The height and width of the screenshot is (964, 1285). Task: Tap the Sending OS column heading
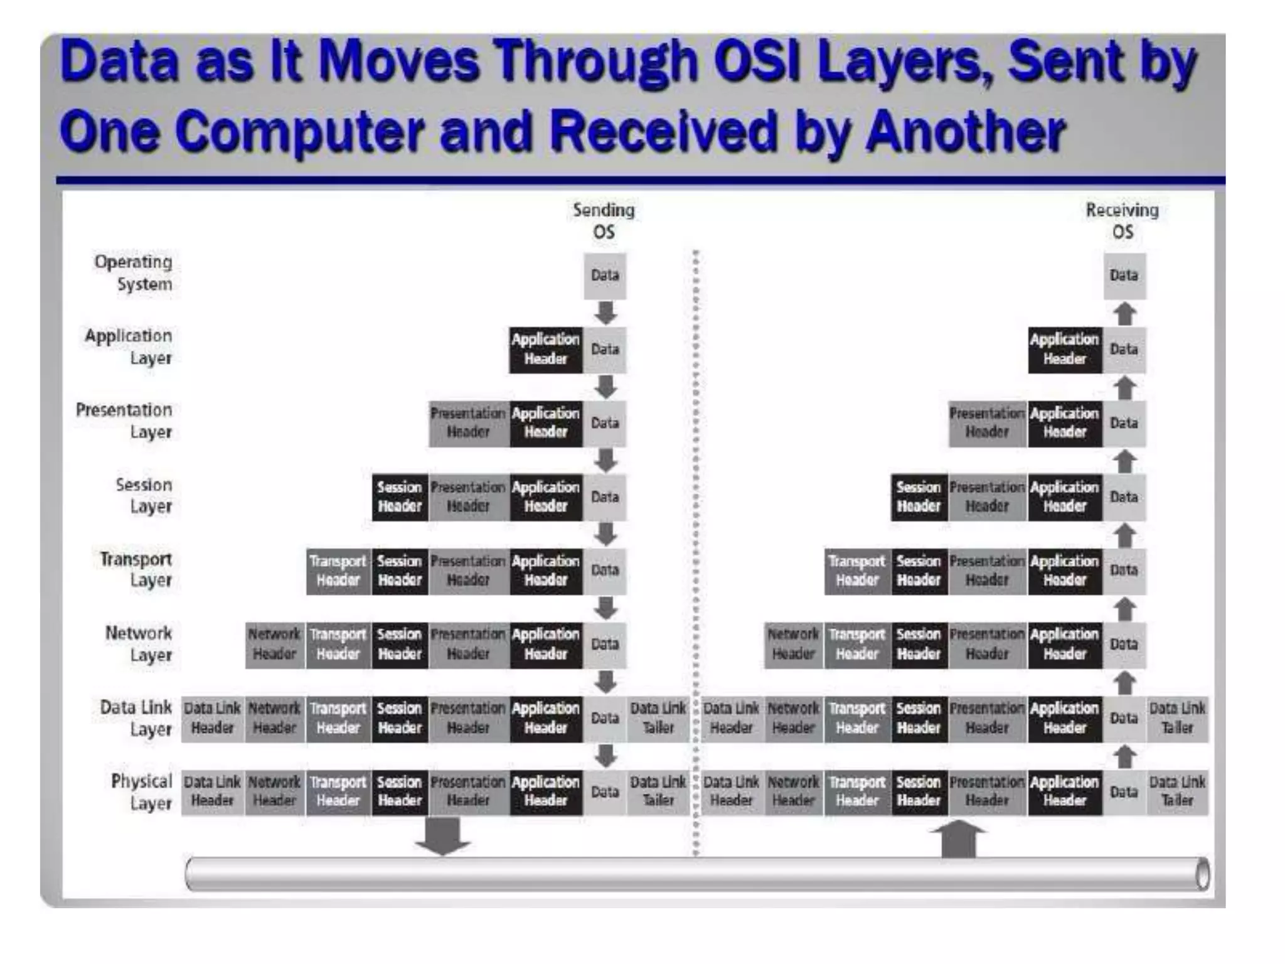(604, 221)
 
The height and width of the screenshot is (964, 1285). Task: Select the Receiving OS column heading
(1122, 221)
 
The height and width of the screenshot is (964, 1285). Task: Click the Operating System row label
(133, 273)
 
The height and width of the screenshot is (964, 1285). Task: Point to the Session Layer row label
(144, 495)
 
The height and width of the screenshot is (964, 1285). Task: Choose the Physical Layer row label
(141, 792)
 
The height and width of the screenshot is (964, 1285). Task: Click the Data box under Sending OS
(605, 276)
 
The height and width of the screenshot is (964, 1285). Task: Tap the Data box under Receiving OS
(1124, 276)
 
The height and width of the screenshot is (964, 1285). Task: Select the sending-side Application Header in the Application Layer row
(545, 350)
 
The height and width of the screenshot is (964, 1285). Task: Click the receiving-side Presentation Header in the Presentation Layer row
(987, 423)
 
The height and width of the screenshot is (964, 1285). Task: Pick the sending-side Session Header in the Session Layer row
(400, 497)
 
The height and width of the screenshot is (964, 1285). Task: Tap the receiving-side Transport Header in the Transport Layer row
(856, 570)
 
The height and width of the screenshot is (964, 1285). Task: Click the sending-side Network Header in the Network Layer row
(274, 645)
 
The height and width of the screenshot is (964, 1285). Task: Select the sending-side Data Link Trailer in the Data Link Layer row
(658, 719)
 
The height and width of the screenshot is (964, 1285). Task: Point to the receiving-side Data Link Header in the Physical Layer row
(732, 792)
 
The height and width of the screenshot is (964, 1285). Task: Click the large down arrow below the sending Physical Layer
(443, 836)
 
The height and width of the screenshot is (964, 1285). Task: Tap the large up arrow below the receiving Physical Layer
(958, 838)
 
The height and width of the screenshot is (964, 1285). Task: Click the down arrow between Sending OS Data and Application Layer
(605, 313)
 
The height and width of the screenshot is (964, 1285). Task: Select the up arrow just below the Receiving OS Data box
(1125, 313)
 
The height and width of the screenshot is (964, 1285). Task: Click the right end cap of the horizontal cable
(1202, 874)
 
